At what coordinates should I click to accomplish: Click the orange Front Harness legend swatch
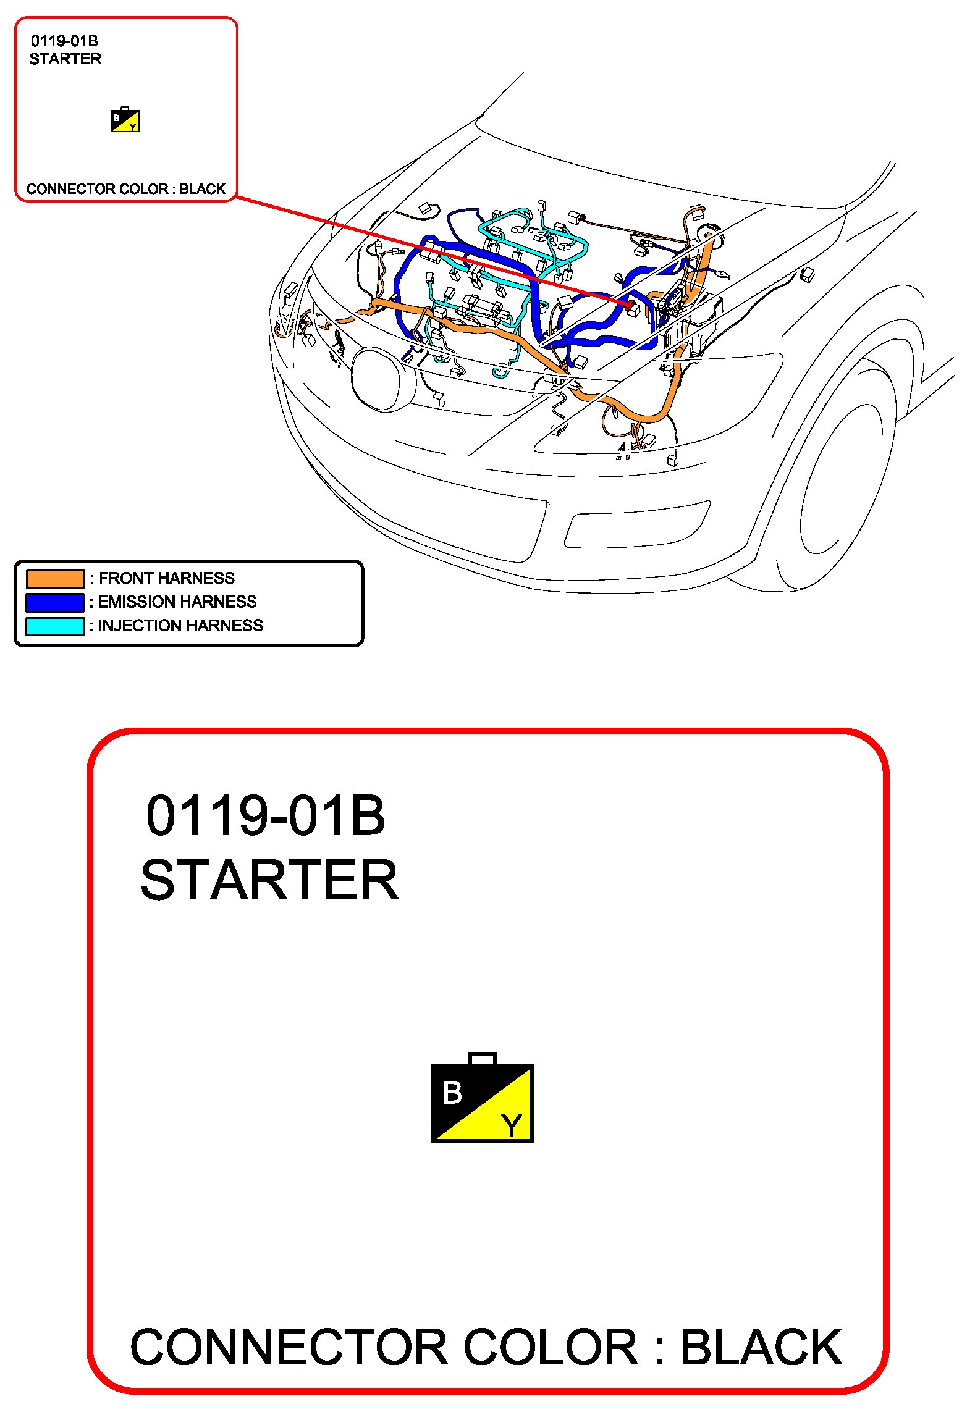pos(55,579)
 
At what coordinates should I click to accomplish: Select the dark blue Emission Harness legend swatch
pos(55,602)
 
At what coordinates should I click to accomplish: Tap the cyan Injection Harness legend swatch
pos(55,626)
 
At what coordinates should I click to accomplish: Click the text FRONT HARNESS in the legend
pos(167,578)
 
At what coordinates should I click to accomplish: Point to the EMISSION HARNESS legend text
pos(177,602)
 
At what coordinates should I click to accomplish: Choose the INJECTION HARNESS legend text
pos(180,626)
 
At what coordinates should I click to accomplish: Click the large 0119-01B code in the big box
pos(266,816)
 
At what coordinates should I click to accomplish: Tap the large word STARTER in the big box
pos(270,880)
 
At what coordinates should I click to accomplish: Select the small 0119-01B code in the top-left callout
pos(64,41)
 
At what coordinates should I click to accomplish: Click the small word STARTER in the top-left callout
pos(65,59)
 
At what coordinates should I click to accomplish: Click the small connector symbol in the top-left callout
pos(125,119)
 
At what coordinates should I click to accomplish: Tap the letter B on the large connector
pos(452,1092)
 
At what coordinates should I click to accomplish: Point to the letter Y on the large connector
pos(512,1126)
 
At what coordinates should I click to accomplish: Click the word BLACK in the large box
pos(761,1347)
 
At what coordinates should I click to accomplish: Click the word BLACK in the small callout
pos(203,189)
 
